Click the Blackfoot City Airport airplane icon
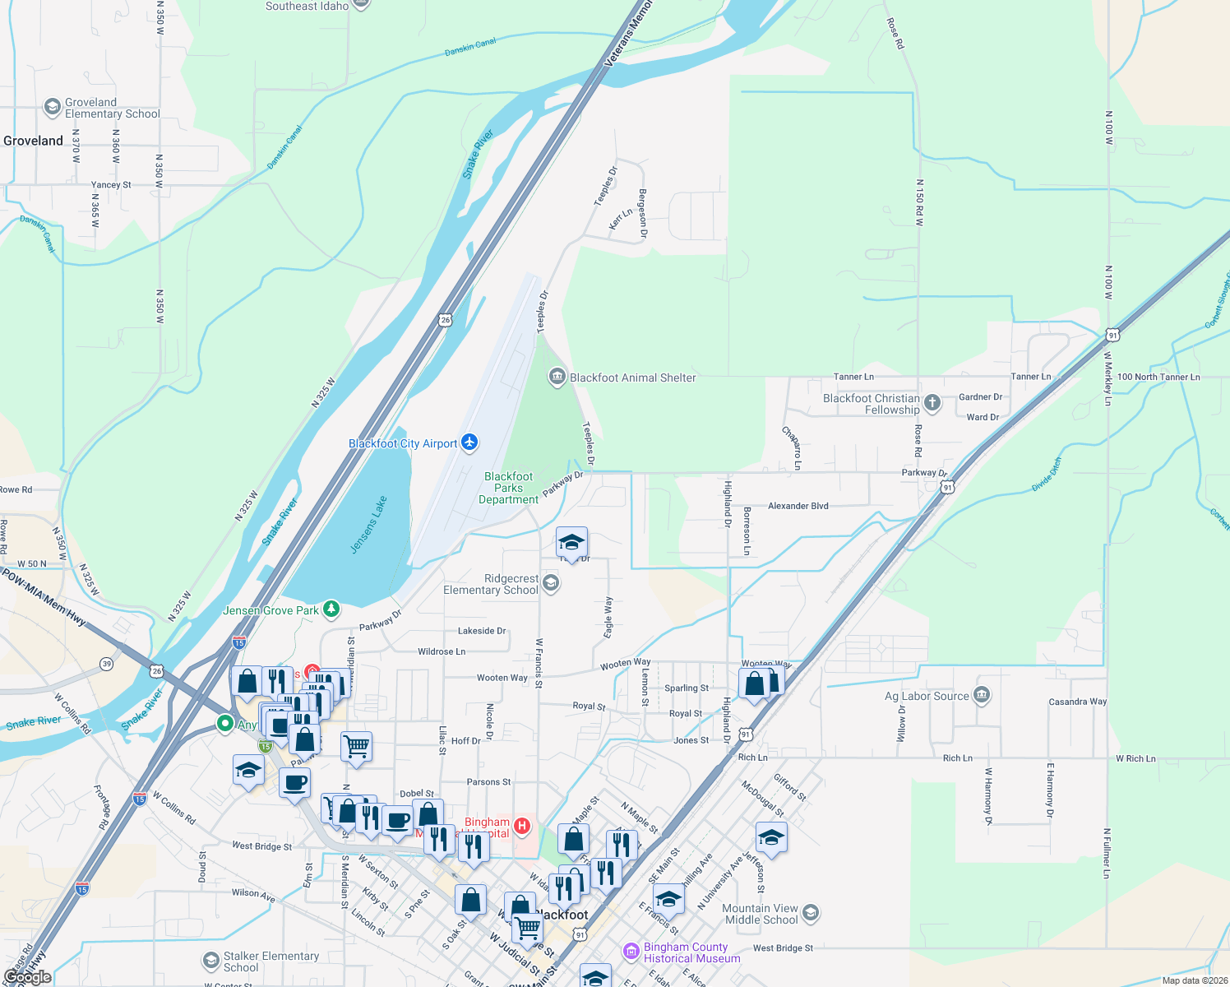click(469, 443)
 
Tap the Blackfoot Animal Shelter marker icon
click(557, 377)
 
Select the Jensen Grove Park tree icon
click(331, 609)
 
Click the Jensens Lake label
click(368, 525)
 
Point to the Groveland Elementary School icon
click(53, 107)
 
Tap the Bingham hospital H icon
click(522, 825)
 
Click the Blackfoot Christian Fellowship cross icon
click(932, 402)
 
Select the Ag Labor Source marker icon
click(981, 695)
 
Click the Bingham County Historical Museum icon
click(631, 952)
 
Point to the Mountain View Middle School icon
click(810, 913)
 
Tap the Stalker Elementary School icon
click(211, 961)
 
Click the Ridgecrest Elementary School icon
click(551, 583)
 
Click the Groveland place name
click(33, 141)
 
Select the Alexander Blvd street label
click(798, 506)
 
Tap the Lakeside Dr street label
click(482, 631)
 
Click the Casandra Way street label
click(1077, 702)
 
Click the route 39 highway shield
click(107, 664)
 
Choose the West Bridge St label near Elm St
click(261, 846)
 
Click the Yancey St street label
click(110, 185)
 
